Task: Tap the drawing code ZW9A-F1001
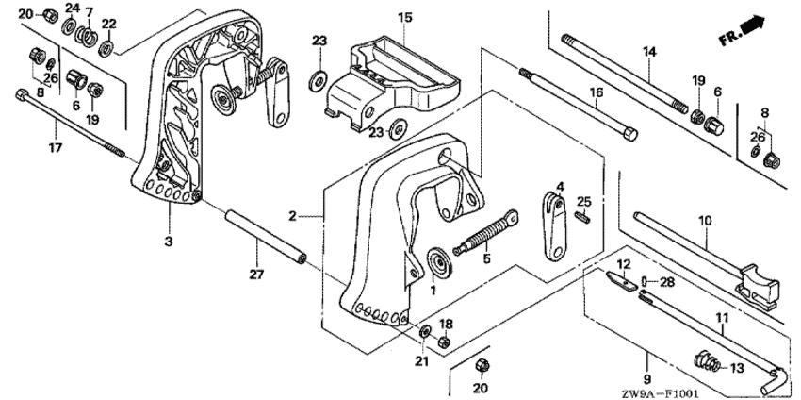pyautogui.click(x=654, y=394)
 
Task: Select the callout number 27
pyautogui.click(x=256, y=275)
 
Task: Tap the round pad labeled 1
pyautogui.click(x=438, y=262)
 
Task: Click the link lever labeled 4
pyautogui.click(x=554, y=225)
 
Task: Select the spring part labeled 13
pyautogui.click(x=708, y=362)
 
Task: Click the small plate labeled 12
pyautogui.click(x=622, y=280)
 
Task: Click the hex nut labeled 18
pyautogui.click(x=444, y=342)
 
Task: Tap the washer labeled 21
pyautogui.click(x=424, y=332)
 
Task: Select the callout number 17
pyautogui.click(x=56, y=148)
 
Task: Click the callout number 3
pyautogui.click(x=169, y=242)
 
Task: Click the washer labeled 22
pyautogui.click(x=106, y=48)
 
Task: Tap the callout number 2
pyautogui.click(x=292, y=216)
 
